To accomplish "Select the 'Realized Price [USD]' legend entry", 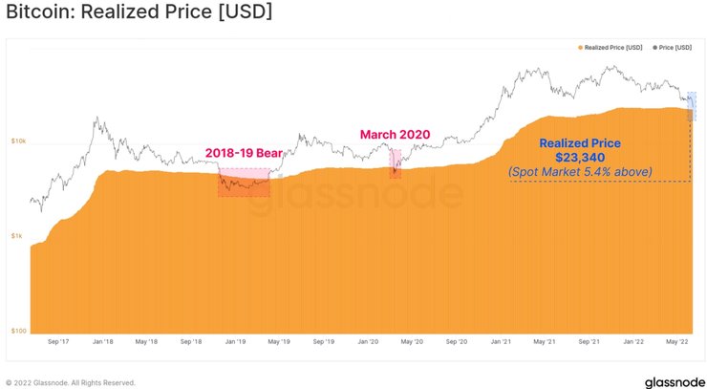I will coord(611,46).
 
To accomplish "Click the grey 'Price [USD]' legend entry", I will coord(676,46).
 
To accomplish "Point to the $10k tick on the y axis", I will coord(19,141).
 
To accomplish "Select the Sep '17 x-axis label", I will coord(58,340).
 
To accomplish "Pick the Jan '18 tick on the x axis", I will coord(103,340).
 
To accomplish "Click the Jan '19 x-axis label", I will coord(235,340).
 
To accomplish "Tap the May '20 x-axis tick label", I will coord(412,340).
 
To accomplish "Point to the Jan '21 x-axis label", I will coord(500,340).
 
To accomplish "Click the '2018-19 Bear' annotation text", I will coord(243,153).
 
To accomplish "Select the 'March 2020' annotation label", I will coord(395,134).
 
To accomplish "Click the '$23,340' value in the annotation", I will coord(580,157).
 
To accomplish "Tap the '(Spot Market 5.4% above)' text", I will coord(580,171).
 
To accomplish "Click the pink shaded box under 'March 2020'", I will coord(395,163).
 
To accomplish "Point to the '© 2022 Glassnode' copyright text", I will coord(71,382).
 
